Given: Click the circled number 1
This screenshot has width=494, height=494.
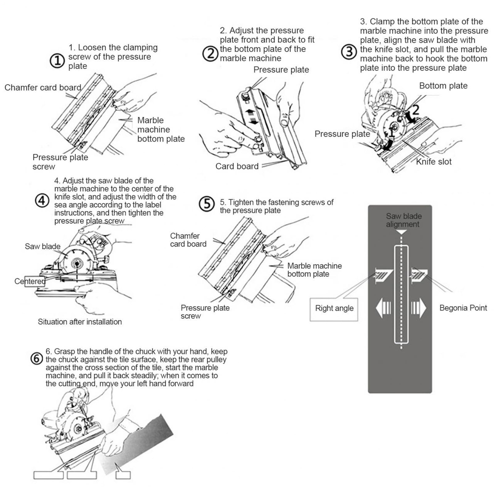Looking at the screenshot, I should coord(57,60).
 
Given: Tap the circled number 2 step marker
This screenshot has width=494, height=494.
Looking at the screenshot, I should coord(210,53).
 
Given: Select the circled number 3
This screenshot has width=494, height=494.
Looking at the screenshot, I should coord(349,52).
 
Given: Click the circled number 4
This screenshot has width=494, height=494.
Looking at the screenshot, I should coord(42,201).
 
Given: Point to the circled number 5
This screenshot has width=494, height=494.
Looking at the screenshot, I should coord(206,204).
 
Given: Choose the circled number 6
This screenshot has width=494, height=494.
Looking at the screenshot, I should coord(36,359).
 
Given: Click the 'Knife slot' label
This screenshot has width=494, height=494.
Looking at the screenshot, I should coord(433,162).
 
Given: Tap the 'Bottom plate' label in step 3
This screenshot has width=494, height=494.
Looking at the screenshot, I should coord(443,86).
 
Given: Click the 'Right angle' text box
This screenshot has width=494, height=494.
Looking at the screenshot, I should coord(334,308).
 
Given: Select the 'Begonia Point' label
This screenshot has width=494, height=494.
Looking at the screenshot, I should coord(463,308).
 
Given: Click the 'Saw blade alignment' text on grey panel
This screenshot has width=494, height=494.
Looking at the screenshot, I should coord(403,220).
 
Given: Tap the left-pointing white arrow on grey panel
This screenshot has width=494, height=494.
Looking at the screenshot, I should coord(383,308).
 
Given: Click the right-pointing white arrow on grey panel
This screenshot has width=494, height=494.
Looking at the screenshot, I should coord(419,308).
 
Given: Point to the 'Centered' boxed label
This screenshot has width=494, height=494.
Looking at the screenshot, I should coord(30,281).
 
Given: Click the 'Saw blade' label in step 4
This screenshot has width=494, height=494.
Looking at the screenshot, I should coord(43,247).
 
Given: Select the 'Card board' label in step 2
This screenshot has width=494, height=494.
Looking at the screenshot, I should coord(237,166).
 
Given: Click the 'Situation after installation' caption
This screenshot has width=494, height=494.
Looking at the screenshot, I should coord(80,322).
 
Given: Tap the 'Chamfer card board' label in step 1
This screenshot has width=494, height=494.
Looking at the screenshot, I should coord(43,88).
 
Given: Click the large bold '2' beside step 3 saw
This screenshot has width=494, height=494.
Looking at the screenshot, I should coord(415,110).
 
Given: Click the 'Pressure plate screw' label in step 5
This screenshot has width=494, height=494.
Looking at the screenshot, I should coord(205,312).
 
